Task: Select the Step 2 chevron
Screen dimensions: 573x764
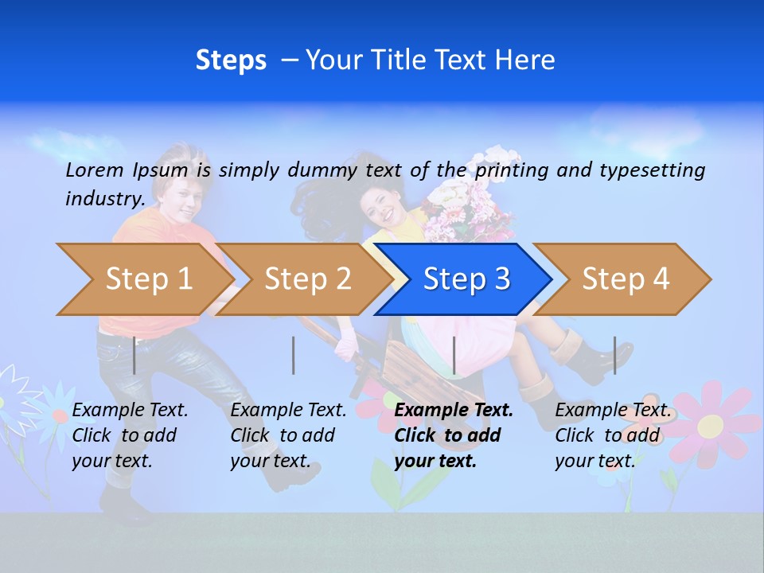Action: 306,279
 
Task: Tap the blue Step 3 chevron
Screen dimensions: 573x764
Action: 466,279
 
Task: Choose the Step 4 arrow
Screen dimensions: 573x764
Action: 625,279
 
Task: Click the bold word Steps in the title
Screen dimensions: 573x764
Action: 231,60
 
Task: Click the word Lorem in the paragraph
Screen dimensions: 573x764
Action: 95,170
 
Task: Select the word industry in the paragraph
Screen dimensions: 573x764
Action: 104,198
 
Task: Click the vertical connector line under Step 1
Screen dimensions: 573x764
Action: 134,355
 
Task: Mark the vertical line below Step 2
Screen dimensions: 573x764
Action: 294,355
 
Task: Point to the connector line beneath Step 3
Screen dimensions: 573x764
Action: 454,355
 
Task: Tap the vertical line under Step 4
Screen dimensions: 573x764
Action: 614,355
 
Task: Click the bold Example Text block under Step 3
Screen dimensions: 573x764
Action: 454,435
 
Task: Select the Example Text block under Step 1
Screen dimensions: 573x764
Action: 131,435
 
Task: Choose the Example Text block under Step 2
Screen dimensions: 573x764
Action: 288,435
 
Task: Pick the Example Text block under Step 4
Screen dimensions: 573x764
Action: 613,435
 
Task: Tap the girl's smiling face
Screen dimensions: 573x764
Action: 381,205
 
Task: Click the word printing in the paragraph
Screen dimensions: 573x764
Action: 512,170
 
